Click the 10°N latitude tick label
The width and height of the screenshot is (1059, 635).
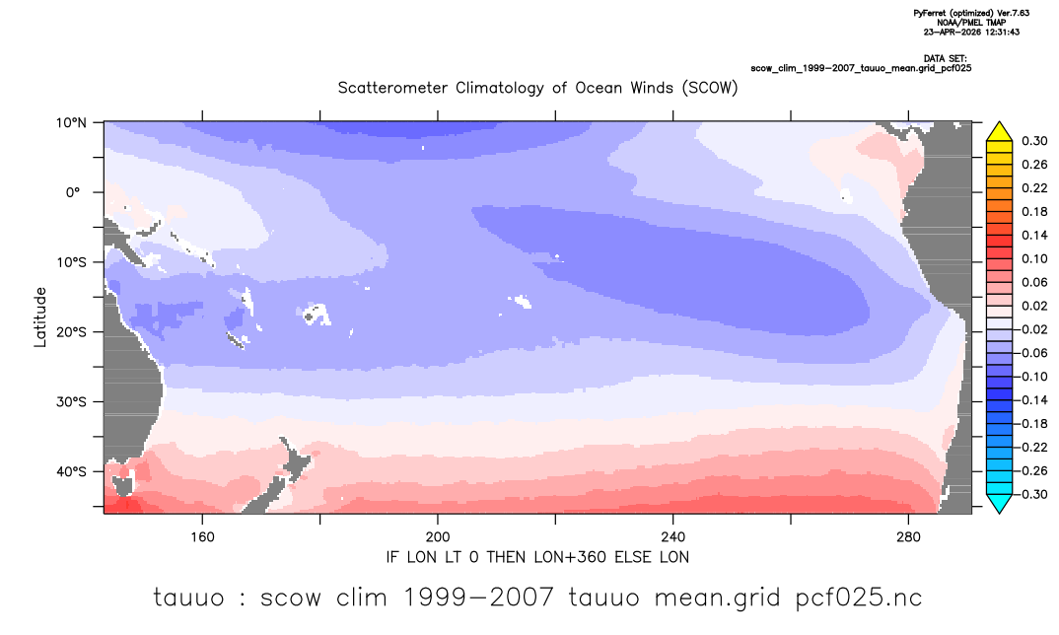71,123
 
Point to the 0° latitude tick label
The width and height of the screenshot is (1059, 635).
73,192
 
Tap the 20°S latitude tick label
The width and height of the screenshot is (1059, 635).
71,332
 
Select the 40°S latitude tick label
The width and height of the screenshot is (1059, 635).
71,471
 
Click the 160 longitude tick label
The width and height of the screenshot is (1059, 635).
202,537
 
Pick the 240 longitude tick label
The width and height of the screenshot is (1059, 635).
673,537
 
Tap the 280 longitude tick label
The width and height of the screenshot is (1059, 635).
908,537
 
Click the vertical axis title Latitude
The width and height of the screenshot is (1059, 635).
40,317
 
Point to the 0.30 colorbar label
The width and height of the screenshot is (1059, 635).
1034,141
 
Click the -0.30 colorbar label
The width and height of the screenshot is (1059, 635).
1031,494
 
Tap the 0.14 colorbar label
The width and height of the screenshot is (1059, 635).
1034,235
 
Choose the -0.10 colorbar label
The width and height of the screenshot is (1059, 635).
1031,377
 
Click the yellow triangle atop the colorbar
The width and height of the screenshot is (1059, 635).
999,133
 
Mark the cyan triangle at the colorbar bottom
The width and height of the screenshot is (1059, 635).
999,503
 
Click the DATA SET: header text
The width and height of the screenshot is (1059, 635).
945,59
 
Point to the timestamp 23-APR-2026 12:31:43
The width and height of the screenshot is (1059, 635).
971,32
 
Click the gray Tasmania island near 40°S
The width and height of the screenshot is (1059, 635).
123,485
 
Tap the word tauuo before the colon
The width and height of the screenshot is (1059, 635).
188,598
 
